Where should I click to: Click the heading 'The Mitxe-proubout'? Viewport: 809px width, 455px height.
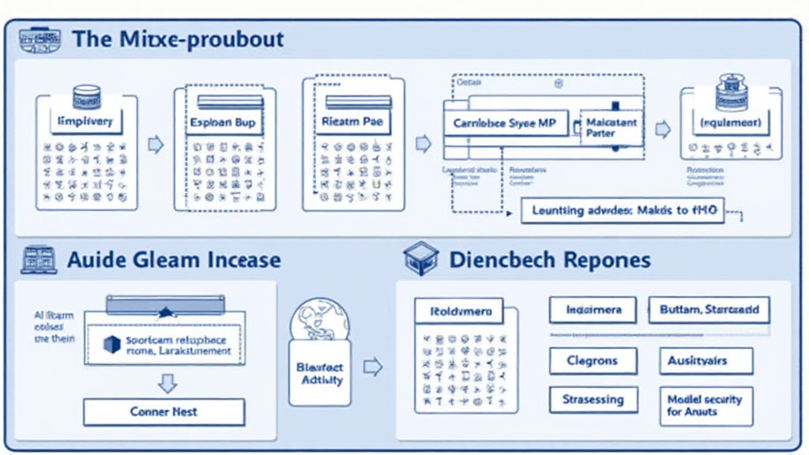coord(178,39)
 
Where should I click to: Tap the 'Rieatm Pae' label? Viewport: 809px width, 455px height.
coord(352,122)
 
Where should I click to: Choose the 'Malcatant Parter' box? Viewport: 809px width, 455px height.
coord(611,127)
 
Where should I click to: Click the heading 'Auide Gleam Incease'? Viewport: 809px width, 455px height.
coord(174,259)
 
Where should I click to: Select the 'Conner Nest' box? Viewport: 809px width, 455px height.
coord(164,412)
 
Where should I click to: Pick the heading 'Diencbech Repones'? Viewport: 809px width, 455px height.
coord(550,259)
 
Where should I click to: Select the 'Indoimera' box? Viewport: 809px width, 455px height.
coord(593,310)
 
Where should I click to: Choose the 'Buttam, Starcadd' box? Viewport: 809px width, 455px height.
coord(709,310)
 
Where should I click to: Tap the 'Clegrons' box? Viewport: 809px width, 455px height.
coord(593,361)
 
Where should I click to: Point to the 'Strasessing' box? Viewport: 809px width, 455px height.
coord(593,399)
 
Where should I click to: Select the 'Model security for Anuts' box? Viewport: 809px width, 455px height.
coord(705,405)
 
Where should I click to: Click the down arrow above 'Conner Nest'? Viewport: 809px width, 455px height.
coord(167,383)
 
